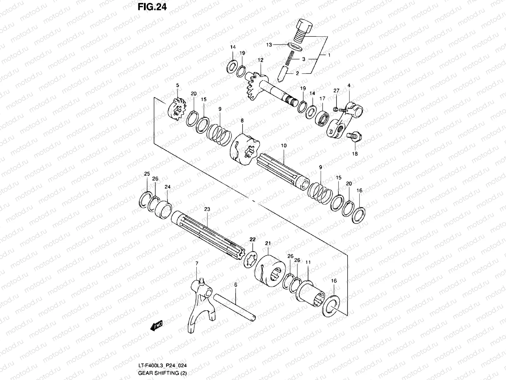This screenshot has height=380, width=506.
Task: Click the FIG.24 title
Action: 152,7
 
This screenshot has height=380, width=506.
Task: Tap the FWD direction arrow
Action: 157,326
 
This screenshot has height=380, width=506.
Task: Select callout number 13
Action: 269,45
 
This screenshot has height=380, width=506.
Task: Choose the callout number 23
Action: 207,209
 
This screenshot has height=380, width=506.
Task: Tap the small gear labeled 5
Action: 176,110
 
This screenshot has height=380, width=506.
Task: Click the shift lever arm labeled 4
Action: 345,122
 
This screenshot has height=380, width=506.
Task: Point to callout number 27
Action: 336,91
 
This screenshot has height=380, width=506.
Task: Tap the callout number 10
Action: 283,146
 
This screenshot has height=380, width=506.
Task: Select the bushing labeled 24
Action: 163,209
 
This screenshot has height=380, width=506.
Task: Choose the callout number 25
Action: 147,174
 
